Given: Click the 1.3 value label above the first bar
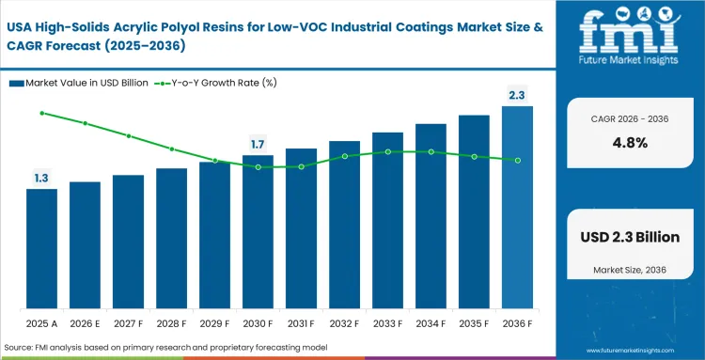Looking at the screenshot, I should tap(41, 178).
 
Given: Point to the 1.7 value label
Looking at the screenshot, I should tap(258, 144).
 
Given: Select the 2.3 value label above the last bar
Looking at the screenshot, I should tap(517, 95).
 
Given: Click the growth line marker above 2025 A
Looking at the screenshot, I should tap(41, 113).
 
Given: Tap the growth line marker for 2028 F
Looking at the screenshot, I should tap(171, 149).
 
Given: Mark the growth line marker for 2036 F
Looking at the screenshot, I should tap(517, 161).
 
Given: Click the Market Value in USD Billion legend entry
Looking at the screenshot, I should tap(79, 83).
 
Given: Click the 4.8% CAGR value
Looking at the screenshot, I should tap(629, 143).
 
